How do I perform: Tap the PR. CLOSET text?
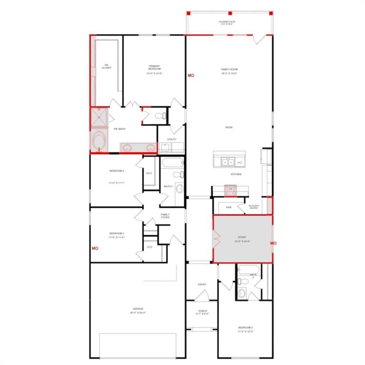[x=106, y=67]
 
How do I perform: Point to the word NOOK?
[x=229, y=127]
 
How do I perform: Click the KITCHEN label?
[x=236, y=174]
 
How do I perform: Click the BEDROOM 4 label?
[x=116, y=171]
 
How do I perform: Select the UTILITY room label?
[x=172, y=139]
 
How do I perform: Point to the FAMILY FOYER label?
[x=165, y=216]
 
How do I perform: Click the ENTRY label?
[x=202, y=285]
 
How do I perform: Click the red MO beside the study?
[x=273, y=243]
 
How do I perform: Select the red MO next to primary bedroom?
[x=191, y=76]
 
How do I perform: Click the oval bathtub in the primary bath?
[x=99, y=141]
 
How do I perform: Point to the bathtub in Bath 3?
[x=171, y=164]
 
